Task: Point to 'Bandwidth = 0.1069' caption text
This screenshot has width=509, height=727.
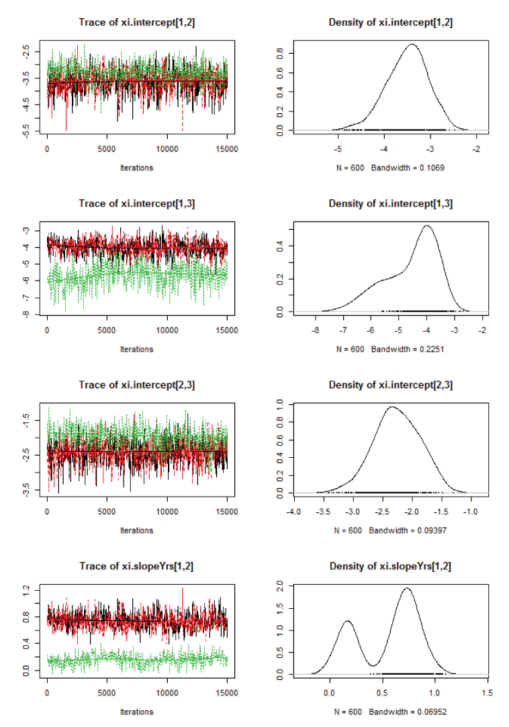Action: [390, 167]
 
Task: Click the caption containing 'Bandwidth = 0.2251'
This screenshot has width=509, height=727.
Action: [390, 348]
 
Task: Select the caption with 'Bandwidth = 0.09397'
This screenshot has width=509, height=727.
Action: [390, 530]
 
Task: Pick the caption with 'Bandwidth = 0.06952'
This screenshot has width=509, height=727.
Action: [390, 712]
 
